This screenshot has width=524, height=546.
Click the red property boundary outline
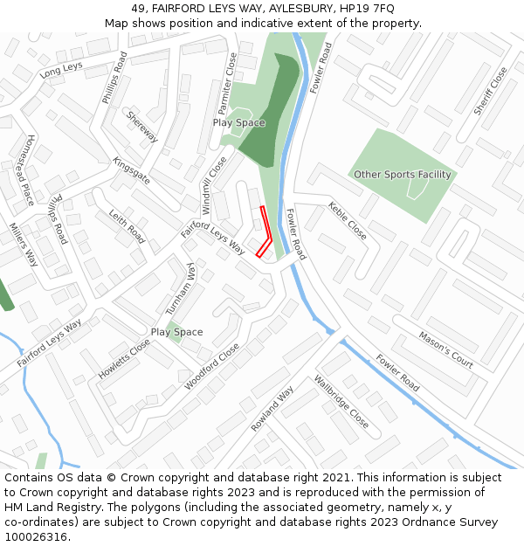[266, 229]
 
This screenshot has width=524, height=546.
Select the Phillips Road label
[114, 78]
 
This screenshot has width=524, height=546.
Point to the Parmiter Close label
[227, 83]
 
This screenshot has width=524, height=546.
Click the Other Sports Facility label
[402, 175]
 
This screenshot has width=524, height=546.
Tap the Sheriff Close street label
[490, 91]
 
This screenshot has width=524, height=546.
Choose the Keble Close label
[348, 221]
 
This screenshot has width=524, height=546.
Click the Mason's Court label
[445, 349]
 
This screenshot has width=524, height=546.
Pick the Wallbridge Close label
[341, 401]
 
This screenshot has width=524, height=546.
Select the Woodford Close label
[212, 366]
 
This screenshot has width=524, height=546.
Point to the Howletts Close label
[124, 358]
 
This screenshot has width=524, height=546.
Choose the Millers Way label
[24, 245]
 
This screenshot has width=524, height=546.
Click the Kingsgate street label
[132, 170]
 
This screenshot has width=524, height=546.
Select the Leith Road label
[127, 225]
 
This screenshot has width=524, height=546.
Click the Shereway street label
[142, 126]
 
